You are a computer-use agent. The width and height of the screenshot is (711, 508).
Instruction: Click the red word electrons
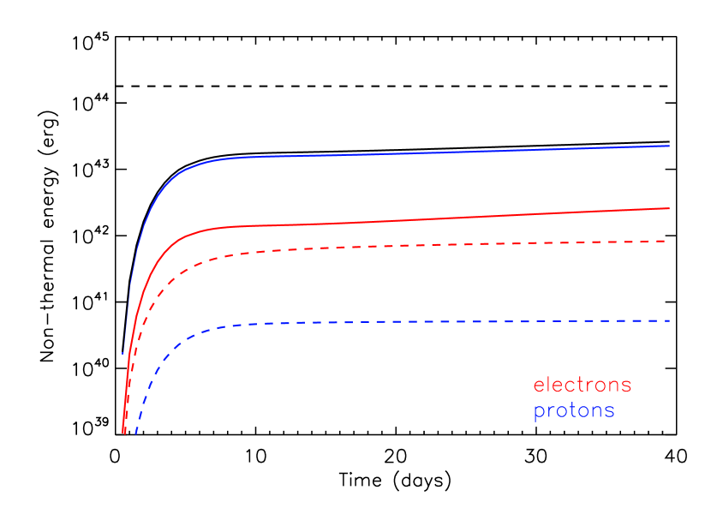pyautogui.click(x=583, y=385)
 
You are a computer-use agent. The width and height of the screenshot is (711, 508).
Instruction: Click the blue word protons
pyautogui.click(x=574, y=411)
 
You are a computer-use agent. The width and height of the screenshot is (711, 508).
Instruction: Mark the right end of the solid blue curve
pyautogui.click(x=668, y=146)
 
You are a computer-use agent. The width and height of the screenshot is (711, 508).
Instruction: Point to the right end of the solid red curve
pyautogui.click(x=668, y=208)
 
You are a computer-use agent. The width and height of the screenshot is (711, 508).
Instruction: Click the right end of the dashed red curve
pyautogui.click(x=666, y=241)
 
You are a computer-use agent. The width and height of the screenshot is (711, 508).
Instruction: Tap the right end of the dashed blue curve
pyautogui.click(x=668, y=320)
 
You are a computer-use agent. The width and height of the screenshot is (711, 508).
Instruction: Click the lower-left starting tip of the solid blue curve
pyautogui.click(x=122, y=353)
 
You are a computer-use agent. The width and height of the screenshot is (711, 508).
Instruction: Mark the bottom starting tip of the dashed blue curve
pyautogui.click(x=135, y=433)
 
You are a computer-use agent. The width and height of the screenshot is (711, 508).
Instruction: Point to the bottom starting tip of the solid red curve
pyautogui.click(x=124, y=433)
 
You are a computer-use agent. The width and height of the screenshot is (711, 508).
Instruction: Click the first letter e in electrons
pyautogui.click(x=539, y=386)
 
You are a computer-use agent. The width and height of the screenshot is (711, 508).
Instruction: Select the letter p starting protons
pyautogui.click(x=539, y=413)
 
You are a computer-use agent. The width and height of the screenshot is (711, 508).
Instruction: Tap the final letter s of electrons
pyautogui.click(x=627, y=386)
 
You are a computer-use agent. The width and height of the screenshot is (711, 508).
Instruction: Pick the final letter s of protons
pyautogui.click(x=610, y=412)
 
